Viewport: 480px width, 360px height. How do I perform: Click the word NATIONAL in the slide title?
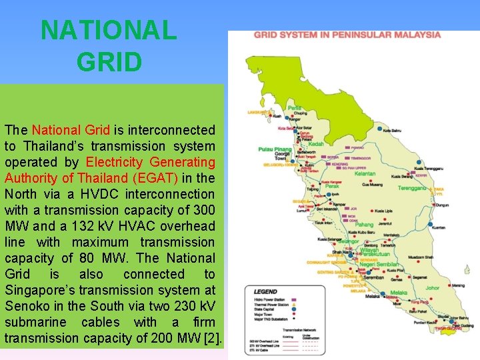pos(109,31)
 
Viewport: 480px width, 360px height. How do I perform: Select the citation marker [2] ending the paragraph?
pos(213,338)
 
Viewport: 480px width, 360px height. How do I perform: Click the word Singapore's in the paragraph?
pos(37,290)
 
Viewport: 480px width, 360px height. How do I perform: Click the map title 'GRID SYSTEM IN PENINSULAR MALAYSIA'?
pos(347,35)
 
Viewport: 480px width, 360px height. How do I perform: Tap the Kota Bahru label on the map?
pos(392,131)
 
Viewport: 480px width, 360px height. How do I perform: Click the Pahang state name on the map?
pos(363,225)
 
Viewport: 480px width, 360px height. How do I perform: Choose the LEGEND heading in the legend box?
pos(265,292)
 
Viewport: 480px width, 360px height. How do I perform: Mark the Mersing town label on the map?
pos(457,286)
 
